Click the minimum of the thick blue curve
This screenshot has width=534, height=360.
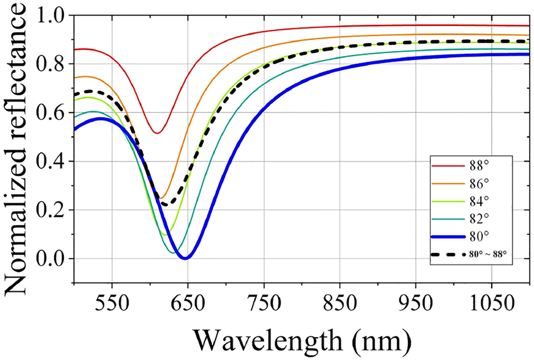pos(186,258)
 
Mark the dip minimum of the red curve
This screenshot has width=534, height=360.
pos(158,133)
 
